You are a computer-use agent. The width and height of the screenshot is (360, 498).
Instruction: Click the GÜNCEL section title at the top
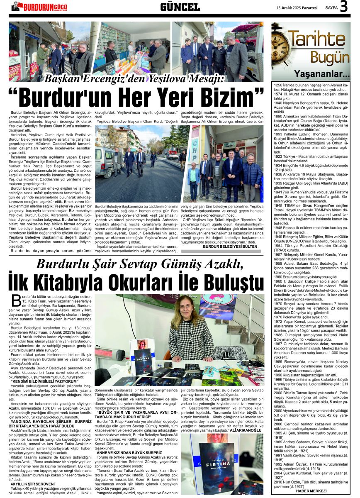[180, 7]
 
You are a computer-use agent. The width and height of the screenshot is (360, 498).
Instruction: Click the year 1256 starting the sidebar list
[278, 85]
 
